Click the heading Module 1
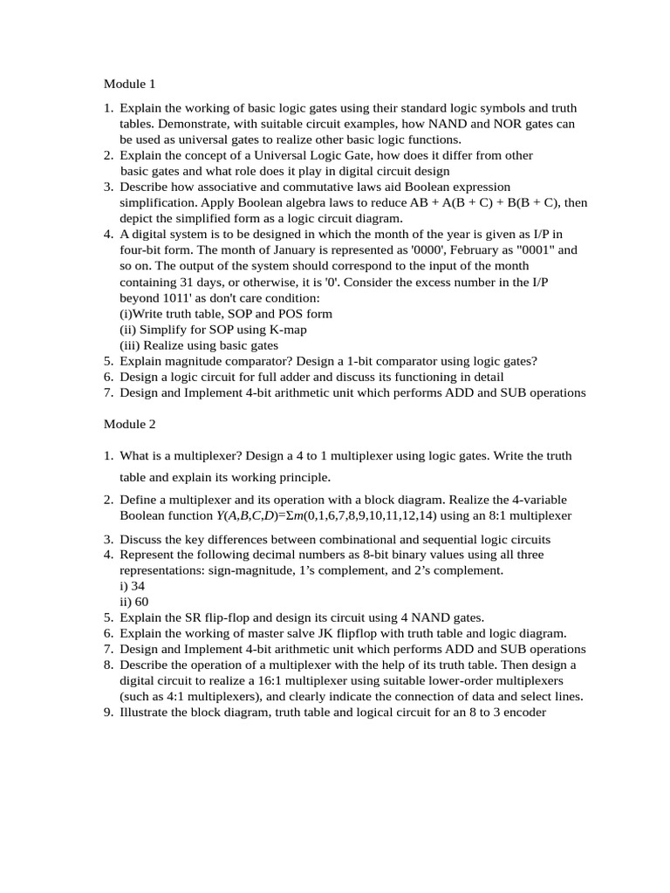pos(129,85)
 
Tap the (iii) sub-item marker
pos(130,344)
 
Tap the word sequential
pos(448,539)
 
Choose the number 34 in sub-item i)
pos(137,586)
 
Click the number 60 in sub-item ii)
pos(140,602)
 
